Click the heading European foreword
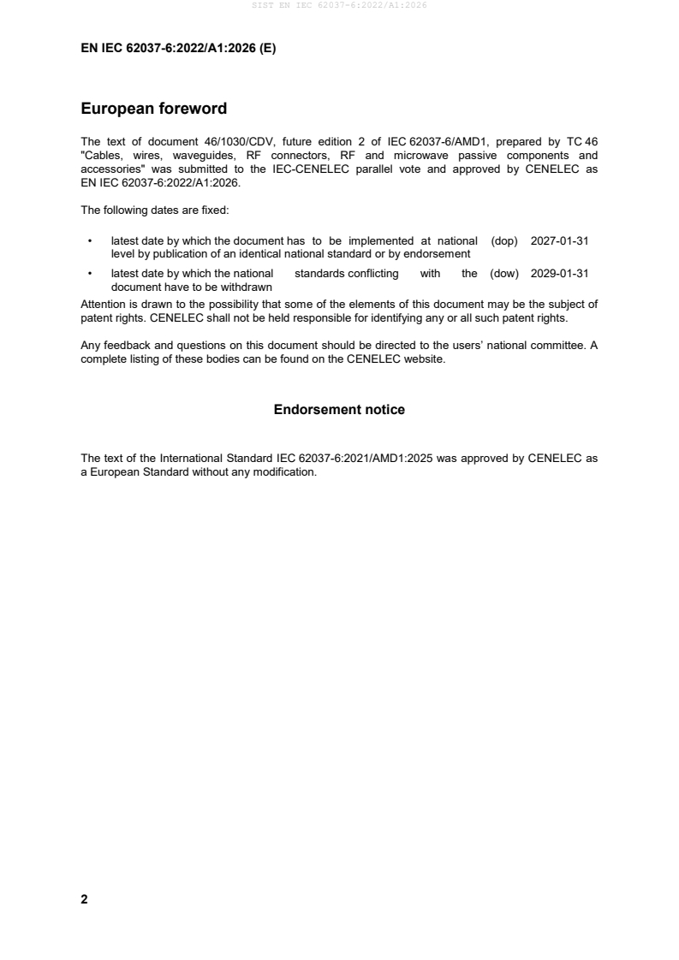tap(153, 109)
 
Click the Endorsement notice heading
tap(339, 410)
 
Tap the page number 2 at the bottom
tap(84, 899)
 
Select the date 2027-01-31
tap(560, 241)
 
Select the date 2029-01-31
tap(560, 274)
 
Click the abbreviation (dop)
tap(504, 241)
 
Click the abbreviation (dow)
tap(504, 274)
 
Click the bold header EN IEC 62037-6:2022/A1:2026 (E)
tap(178, 49)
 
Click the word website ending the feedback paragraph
tap(423, 359)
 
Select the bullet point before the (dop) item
tap(90, 241)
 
